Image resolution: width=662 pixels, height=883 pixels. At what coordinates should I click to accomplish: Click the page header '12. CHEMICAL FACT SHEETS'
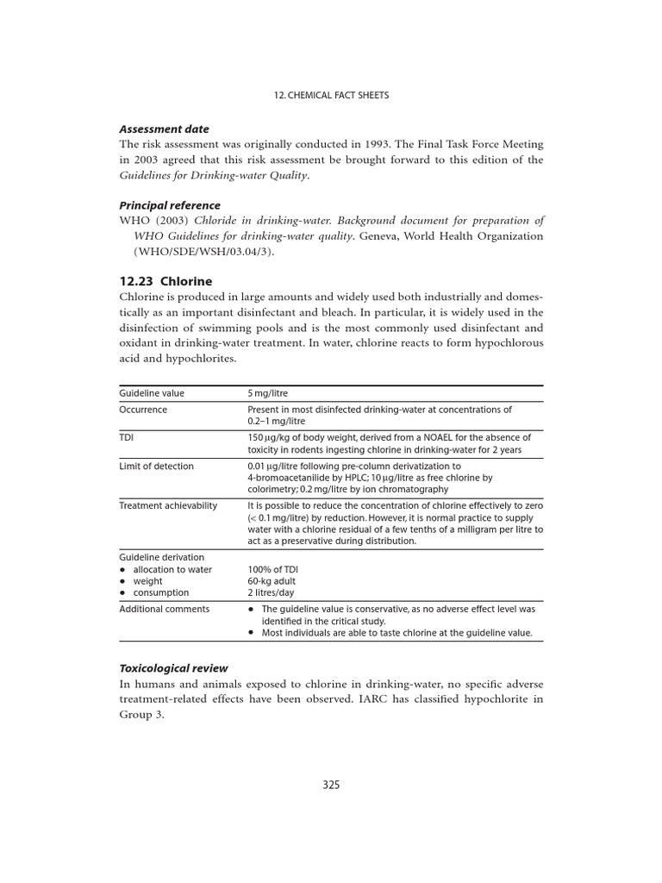(x=331, y=95)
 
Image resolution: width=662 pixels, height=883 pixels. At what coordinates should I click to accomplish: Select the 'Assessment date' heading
(x=164, y=129)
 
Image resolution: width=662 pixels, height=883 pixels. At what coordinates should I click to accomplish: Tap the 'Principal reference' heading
(x=170, y=205)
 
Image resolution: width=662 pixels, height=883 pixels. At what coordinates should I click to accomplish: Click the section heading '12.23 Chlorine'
(x=165, y=281)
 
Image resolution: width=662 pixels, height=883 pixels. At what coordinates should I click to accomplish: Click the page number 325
(x=331, y=785)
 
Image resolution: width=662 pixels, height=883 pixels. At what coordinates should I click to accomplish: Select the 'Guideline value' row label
(x=152, y=393)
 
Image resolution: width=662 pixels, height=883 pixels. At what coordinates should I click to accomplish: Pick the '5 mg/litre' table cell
(x=266, y=393)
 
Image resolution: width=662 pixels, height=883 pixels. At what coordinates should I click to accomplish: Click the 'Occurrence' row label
(x=143, y=410)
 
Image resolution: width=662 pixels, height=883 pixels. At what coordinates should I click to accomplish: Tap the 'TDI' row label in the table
(x=127, y=438)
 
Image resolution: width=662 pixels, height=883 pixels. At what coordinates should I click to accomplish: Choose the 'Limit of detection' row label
(x=156, y=467)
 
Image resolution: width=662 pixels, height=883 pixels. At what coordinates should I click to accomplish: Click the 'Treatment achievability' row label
(x=168, y=505)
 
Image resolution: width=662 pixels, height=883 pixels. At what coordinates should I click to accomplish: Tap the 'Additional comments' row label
(x=164, y=609)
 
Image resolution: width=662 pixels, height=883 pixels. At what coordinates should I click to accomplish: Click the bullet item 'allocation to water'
(x=172, y=569)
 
